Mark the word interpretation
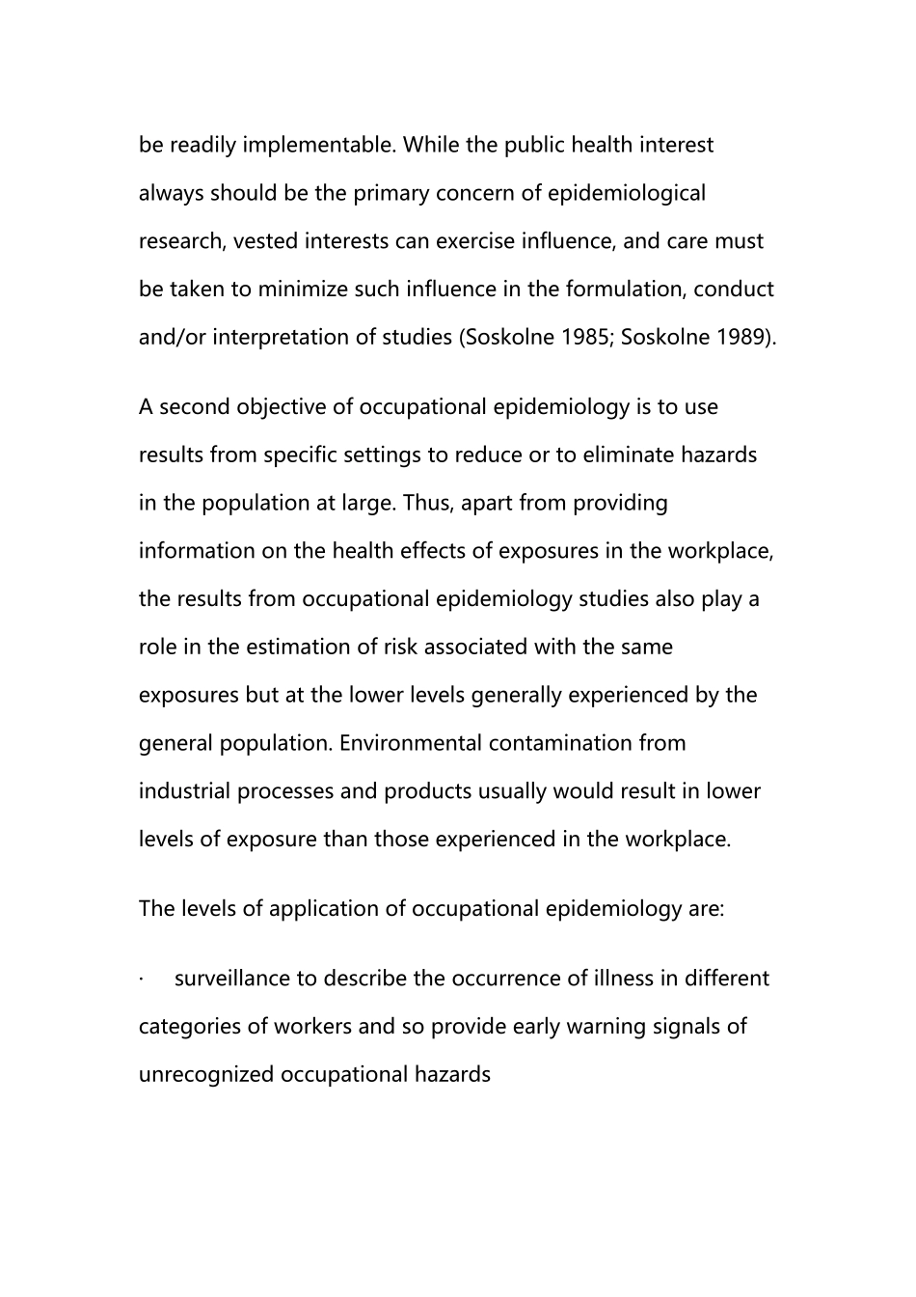(x=293, y=338)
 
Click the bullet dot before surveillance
(x=142, y=980)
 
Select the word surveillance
(x=232, y=979)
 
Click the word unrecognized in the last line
(x=206, y=1075)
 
